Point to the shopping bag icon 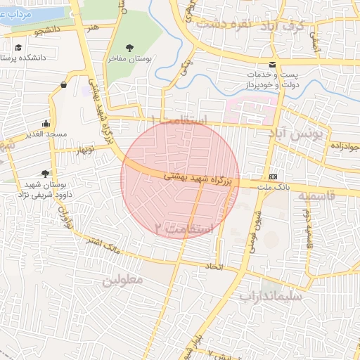(64, 85)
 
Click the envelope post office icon (272, 65)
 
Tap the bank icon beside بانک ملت (273, 176)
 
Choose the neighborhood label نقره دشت (225, 22)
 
